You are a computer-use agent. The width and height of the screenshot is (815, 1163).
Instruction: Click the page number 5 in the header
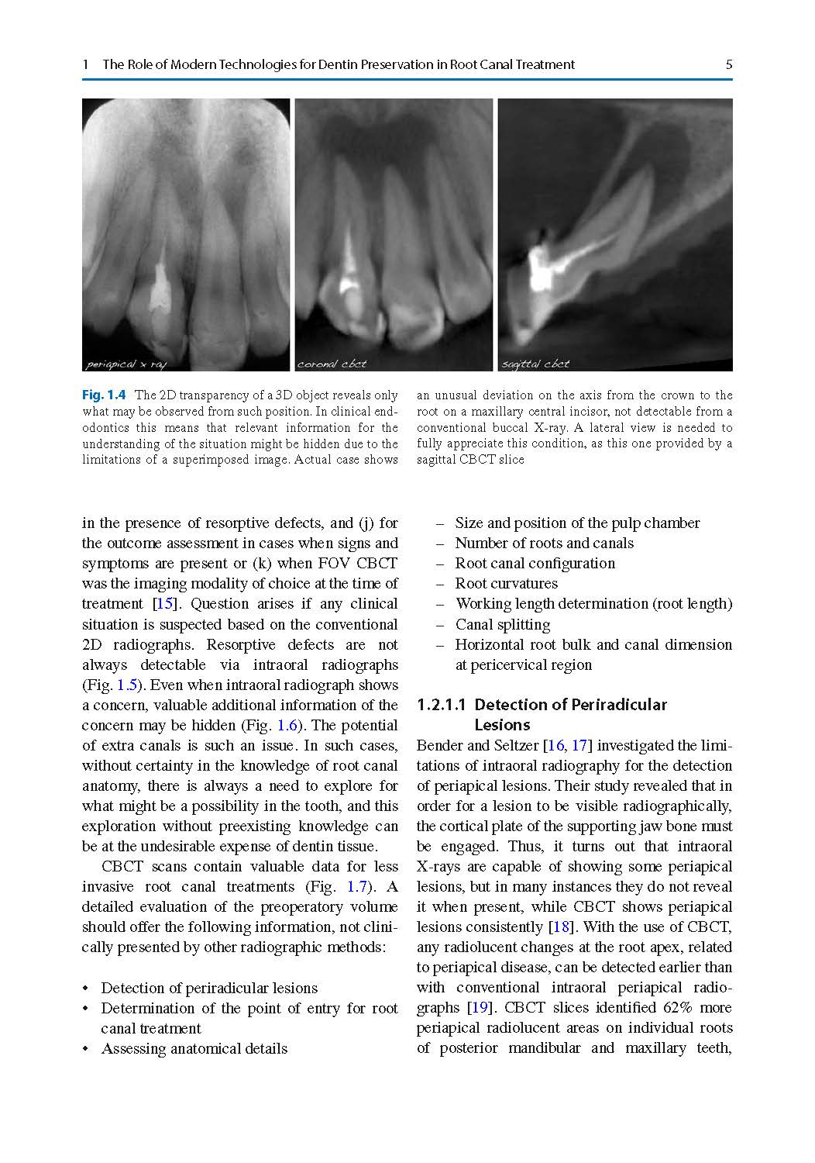(728, 65)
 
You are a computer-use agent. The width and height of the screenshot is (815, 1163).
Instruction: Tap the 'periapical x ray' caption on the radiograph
(125, 364)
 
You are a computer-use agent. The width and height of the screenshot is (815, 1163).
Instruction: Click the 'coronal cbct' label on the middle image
(332, 364)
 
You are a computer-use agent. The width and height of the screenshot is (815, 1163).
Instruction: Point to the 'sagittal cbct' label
(535, 364)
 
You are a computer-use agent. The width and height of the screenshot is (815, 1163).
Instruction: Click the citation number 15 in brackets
(164, 604)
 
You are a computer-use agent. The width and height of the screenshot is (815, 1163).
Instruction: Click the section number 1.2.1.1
(442, 705)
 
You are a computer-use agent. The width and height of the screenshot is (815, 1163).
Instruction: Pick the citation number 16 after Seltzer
(555, 746)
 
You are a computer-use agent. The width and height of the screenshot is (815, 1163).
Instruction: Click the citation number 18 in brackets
(560, 927)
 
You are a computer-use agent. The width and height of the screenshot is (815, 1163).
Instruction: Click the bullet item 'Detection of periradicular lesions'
(209, 989)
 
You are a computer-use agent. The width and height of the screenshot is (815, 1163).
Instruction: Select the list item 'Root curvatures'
(506, 584)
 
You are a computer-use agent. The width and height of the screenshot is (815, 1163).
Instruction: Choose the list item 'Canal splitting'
(502, 625)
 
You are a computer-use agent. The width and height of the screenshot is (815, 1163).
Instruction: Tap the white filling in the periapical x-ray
(160, 285)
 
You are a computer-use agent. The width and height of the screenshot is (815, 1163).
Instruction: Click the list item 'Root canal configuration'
(535, 564)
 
